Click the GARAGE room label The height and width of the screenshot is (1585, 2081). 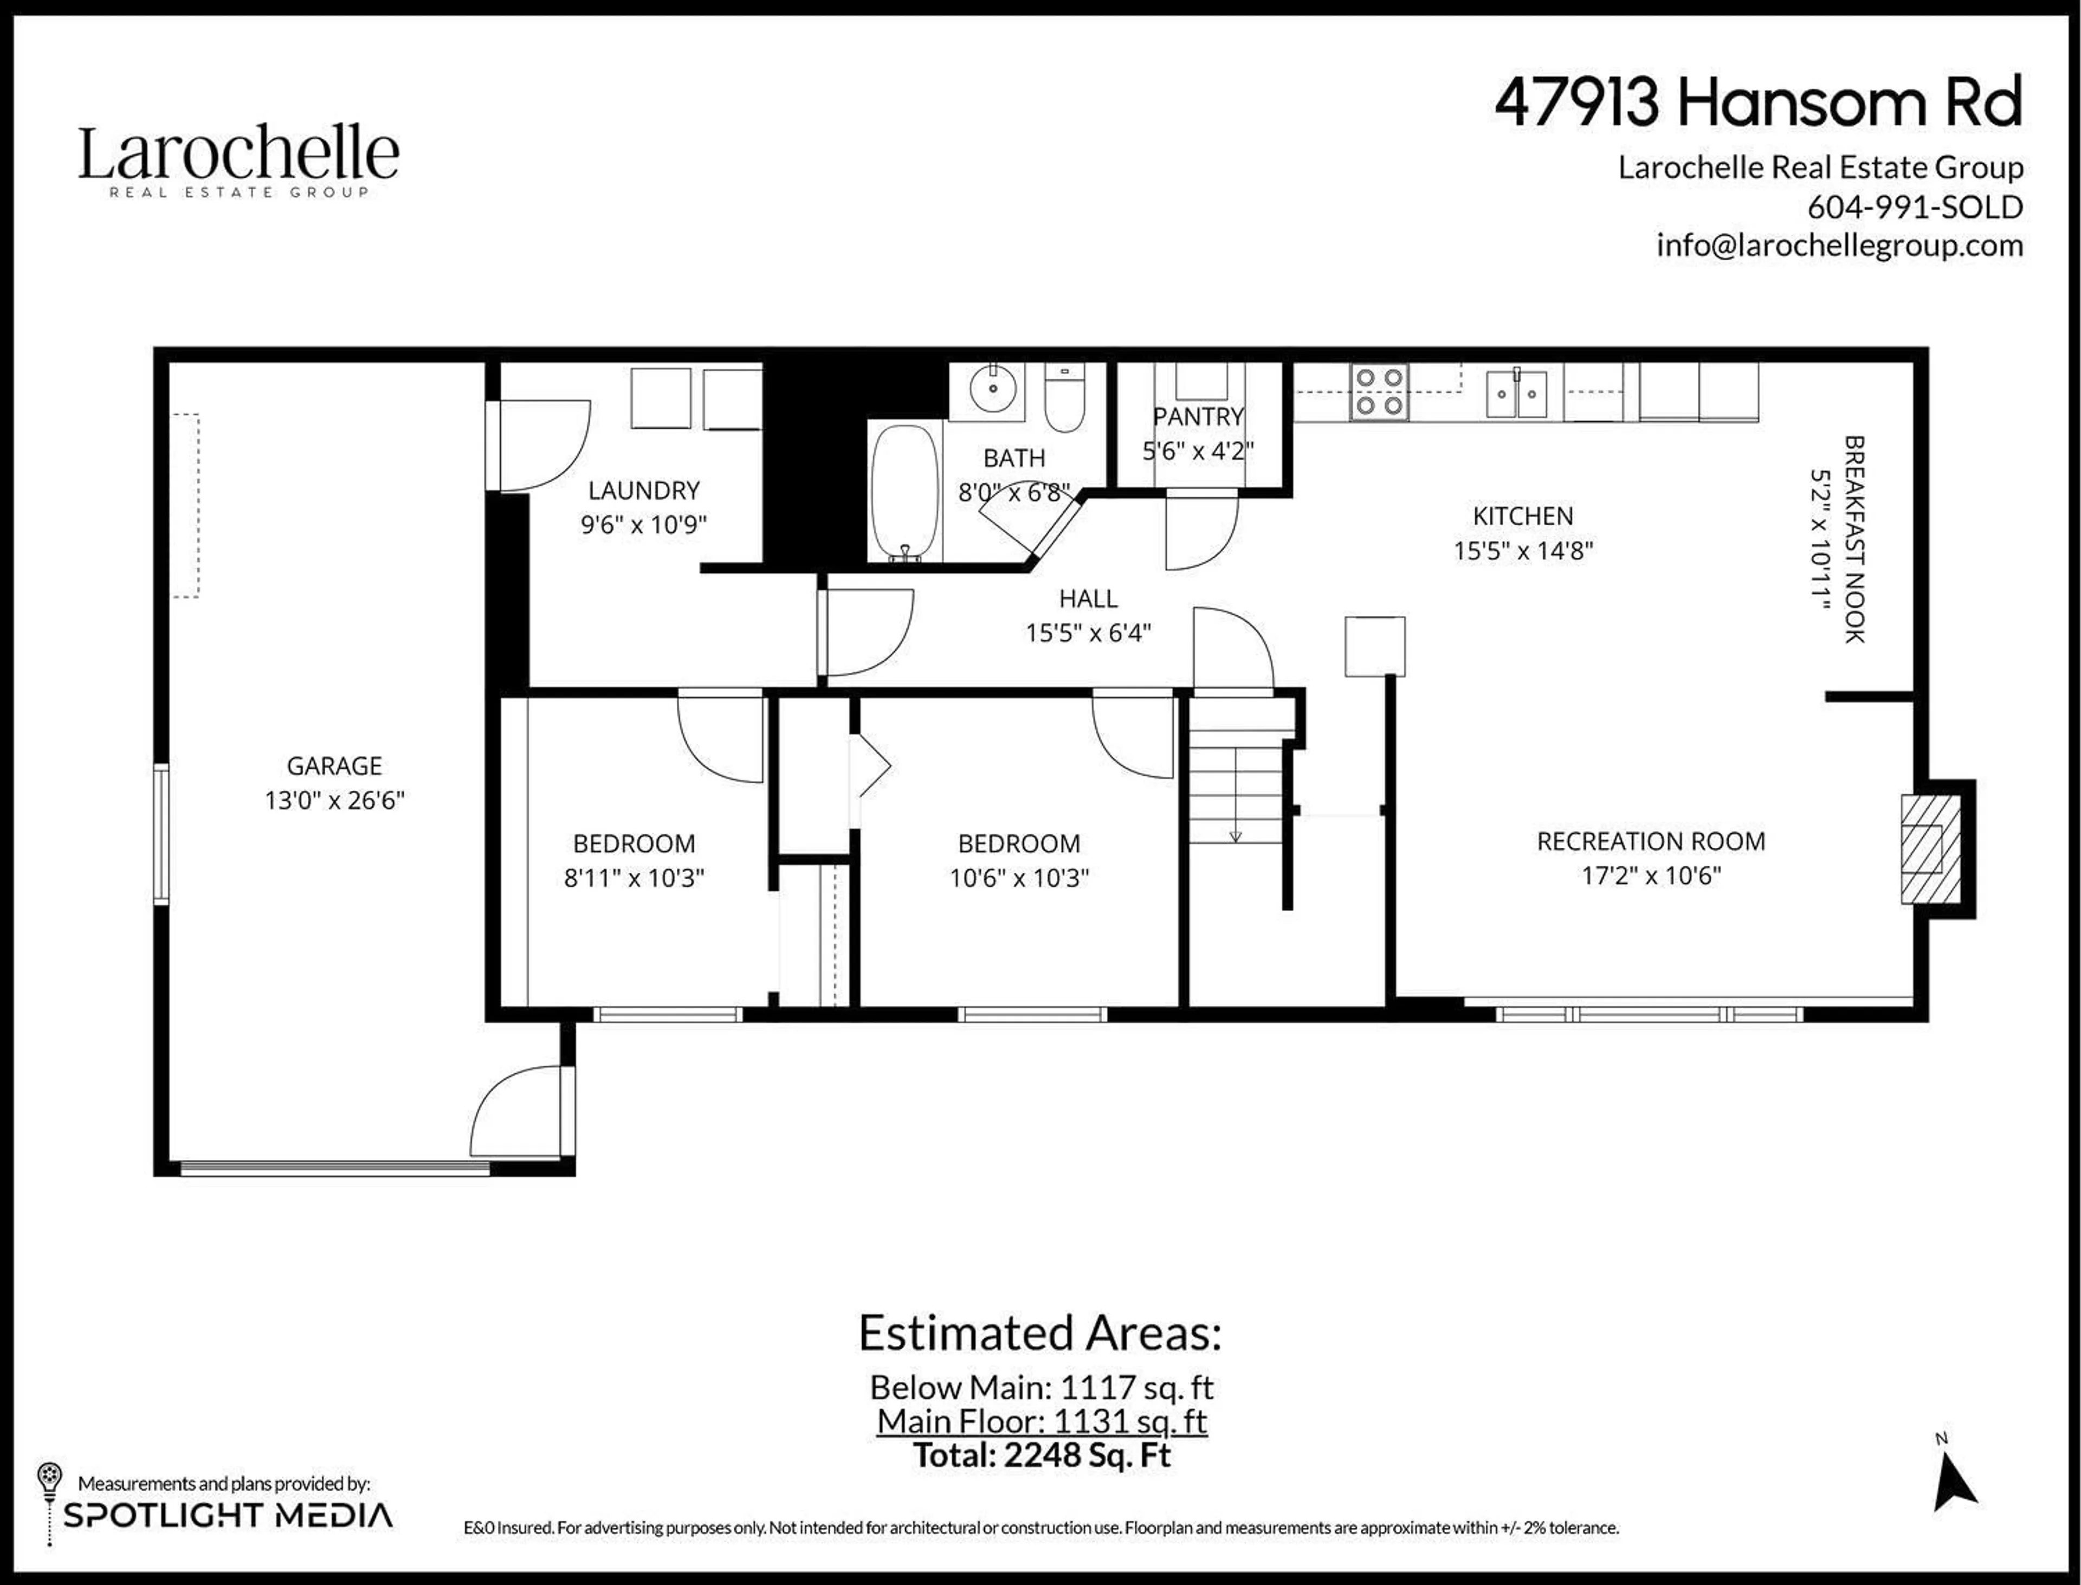click(x=334, y=765)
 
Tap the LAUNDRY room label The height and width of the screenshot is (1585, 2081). click(x=643, y=491)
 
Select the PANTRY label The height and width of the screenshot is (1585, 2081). click(x=1198, y=416)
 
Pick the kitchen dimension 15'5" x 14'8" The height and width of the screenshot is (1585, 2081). click(x=1523, y=550)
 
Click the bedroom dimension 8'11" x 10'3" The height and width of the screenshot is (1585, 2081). click(x=634, y=878)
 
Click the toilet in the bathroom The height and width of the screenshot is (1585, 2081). click(x=1065, y=397)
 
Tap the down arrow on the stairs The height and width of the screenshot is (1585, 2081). click(x=1235, y=834)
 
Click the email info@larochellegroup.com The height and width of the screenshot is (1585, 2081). click(x=1839, y=246)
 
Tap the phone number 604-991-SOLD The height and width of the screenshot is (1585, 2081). click(x=1915, y=207)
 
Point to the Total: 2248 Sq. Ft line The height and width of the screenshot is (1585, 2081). click(x=1042, y=1455)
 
